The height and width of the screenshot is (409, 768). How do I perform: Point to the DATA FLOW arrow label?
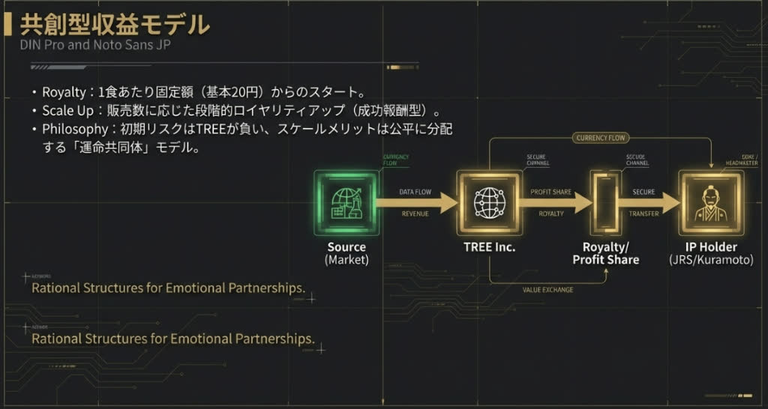point(415,193)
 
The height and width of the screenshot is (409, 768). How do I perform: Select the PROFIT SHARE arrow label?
point(551,193)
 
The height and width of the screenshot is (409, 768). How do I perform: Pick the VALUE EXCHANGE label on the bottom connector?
point(547,290)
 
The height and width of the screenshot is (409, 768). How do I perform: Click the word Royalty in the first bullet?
point(64,94)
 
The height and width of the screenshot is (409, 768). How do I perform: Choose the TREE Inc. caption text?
point(489,247)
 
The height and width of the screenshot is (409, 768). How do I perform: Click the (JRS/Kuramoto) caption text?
point(711,260)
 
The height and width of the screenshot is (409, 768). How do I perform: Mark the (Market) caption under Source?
point(346,260)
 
